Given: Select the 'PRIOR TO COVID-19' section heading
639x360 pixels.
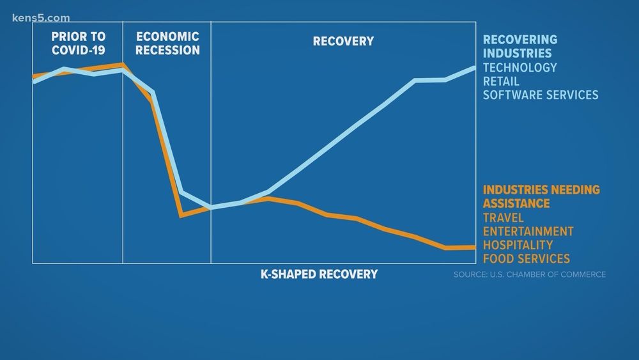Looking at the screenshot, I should [77, 43].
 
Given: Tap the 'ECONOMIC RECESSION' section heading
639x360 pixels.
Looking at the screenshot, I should [168, 43].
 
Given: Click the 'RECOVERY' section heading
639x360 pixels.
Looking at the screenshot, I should [343, 42].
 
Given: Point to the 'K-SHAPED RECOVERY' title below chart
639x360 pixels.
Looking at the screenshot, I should [319, 274].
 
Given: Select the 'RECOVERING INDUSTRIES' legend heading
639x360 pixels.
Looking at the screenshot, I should [520, 47].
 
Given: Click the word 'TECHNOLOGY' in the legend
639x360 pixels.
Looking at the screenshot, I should [520, 67].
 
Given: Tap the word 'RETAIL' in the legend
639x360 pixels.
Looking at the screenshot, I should [501, 81].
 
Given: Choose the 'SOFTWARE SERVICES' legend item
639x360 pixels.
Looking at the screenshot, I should [541, 95].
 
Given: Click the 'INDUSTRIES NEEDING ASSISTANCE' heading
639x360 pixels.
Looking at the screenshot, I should [541, 196].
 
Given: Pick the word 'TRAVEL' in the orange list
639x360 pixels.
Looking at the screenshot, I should [503, 217].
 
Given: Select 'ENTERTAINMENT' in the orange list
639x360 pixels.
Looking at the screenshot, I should [528, 231].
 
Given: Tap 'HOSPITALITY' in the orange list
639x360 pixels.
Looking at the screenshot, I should [518, 245].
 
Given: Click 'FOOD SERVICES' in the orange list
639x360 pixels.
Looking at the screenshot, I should [526, 259].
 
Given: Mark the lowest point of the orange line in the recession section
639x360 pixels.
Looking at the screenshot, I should [182, 215].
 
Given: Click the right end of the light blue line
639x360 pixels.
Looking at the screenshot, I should [474, 67].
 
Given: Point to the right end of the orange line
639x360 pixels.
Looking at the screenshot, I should [474, 247].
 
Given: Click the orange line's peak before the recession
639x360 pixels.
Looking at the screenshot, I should [122, 65].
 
